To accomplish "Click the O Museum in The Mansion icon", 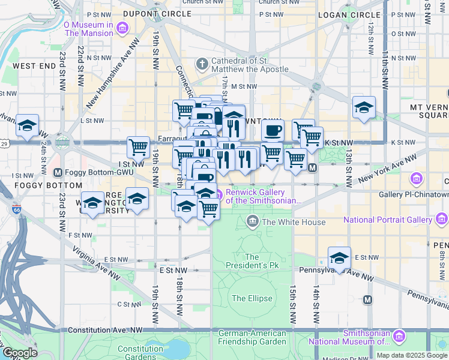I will point(122,28).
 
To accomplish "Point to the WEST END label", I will point(34,65).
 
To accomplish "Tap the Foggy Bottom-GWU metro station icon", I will point(58,173).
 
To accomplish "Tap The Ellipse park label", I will point(252,298).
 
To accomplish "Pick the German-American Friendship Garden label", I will point(252,337).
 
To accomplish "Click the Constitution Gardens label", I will point(140,353).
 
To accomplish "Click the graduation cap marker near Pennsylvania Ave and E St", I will point(339,258).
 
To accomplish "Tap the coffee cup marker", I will point(273,130).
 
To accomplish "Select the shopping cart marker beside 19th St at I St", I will point(138,147).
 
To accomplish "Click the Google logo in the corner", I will point(19,353).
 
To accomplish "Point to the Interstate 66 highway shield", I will point(16,210).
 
